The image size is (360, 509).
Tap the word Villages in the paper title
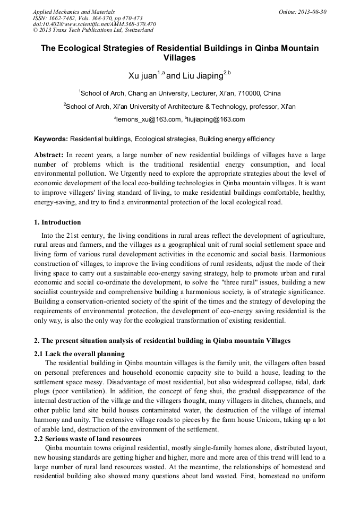pos(180,58)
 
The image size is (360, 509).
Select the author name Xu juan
pos(143,76)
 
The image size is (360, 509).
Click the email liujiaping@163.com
pos(216,120)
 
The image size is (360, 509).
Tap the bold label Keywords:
pos(51,139)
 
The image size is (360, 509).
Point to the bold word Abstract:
pos(49,154)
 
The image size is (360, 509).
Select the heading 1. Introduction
pos(57,222)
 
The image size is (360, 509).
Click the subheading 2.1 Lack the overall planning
pos(79,353)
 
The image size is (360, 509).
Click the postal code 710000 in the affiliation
pos(238,92)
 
